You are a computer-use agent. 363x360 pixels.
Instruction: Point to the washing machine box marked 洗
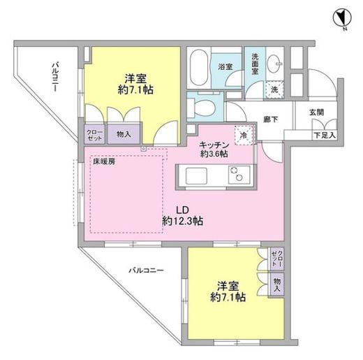pyautogui.click(x=273, y=89)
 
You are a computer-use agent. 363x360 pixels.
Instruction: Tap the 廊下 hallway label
pyautogui.click(x=272, y=120)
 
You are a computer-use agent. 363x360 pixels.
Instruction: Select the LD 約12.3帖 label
pyautogui.click(x=183, y=214)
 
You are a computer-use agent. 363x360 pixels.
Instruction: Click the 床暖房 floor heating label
pyautogui.click(x=106, y=161)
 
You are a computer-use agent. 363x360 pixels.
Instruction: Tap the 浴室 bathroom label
pyautogui.click(x=225, y=68)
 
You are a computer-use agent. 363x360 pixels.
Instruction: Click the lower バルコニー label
pyautogui.click(x=145, y=268)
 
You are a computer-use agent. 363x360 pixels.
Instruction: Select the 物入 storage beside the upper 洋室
pyautogui.click(x=121, y=134)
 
